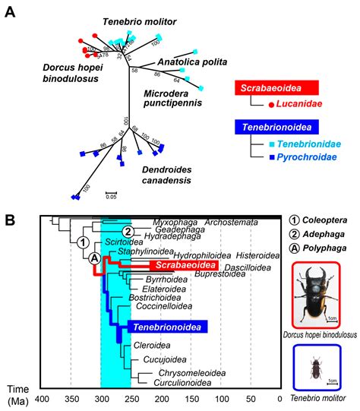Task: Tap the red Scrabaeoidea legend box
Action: coord(278,89)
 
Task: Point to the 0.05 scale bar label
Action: coord(111,196)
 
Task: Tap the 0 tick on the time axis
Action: coord(280,398)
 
